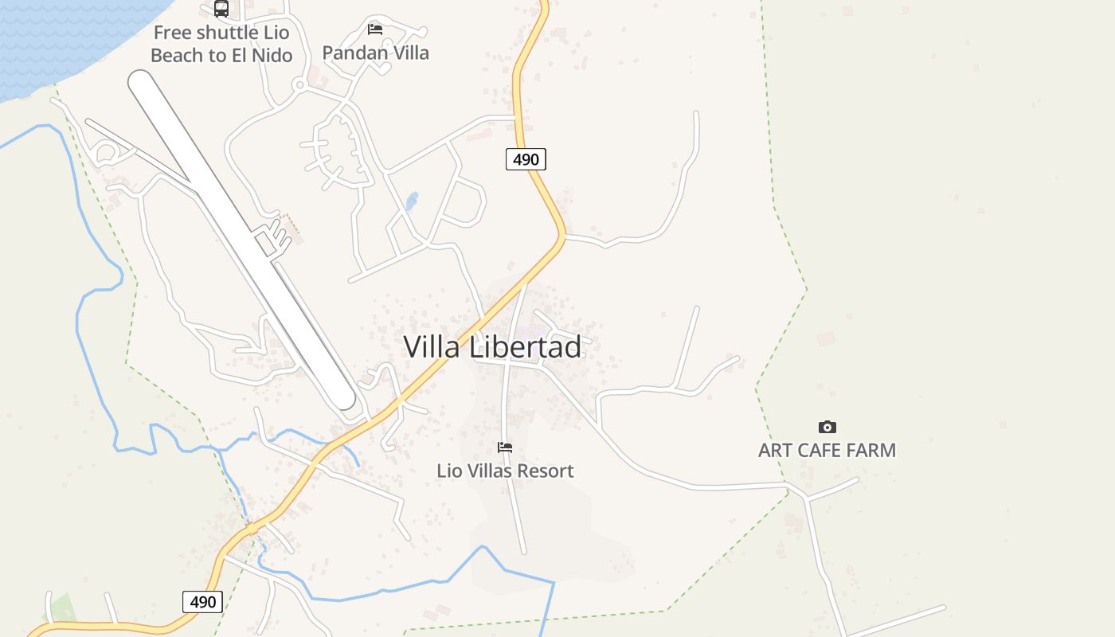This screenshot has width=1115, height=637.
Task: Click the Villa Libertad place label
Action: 492,347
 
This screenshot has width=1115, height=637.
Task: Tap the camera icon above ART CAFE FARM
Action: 827,428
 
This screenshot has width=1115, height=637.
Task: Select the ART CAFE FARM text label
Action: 827,450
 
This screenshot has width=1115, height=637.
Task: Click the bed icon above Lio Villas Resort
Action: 505,447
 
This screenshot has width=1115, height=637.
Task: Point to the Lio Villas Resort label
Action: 505,471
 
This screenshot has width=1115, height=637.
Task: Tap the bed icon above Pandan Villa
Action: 375,29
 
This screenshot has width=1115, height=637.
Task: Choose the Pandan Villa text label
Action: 375,53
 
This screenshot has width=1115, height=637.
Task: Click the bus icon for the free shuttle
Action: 221,9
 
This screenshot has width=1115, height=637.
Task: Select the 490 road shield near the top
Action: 526,159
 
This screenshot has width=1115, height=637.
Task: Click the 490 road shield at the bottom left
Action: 202,601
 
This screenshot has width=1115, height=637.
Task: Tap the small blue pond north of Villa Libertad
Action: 412,201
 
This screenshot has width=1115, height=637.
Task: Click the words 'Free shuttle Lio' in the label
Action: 221,33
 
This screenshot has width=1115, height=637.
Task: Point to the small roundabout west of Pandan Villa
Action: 300,84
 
